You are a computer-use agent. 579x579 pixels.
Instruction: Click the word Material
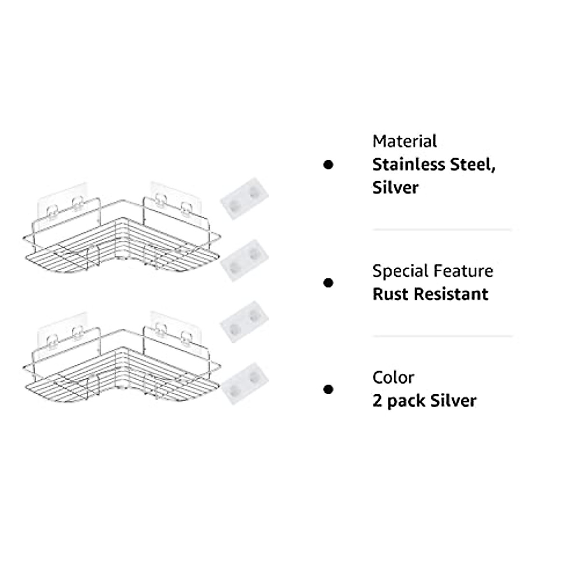[404, 141]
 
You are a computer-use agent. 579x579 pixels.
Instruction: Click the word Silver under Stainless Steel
[395, 187]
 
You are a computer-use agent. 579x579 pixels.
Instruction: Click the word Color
[393, 377]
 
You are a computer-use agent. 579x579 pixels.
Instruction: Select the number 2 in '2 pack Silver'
[377, 400]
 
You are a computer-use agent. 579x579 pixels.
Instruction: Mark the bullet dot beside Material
[328, 165]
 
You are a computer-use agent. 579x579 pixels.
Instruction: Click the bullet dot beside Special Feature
[328, 283]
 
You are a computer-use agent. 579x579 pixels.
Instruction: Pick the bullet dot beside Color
[328, 389]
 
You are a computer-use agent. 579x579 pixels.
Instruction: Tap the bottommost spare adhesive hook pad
[245, 383]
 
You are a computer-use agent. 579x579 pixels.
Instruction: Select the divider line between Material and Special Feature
[441, 230]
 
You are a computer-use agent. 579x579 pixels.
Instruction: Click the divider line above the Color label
[441, 336]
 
